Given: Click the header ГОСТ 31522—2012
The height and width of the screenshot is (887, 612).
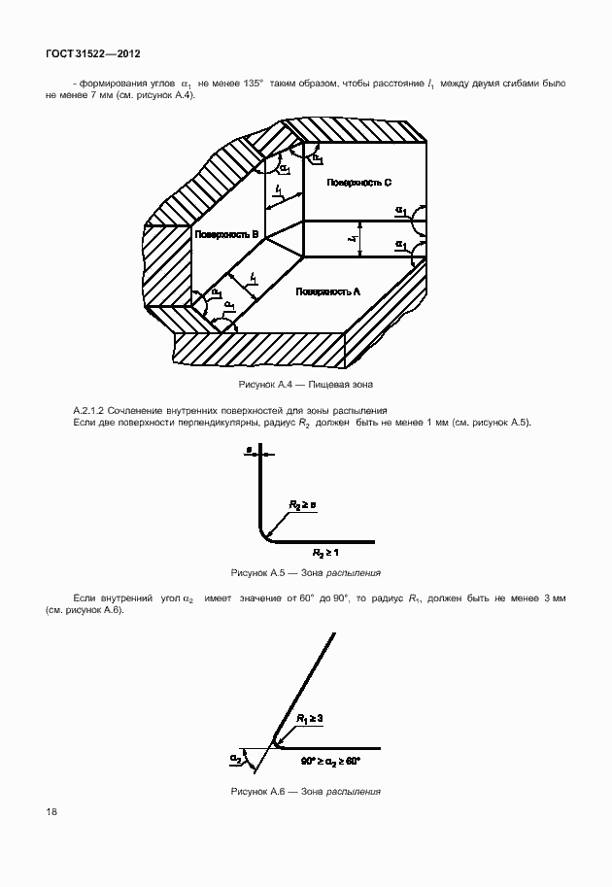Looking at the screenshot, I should [86, 54].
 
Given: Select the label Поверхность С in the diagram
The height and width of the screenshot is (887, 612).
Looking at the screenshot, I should [358, 183].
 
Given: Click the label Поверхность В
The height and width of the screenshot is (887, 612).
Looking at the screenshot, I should [226, 235].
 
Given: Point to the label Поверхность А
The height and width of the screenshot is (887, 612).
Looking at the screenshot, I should [329, 291].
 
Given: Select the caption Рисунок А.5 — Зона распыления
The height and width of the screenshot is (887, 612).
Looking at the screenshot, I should [305, 572].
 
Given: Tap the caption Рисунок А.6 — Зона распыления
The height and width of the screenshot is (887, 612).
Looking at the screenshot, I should [305, 791].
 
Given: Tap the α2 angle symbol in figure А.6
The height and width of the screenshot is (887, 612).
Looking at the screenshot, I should [236, 757].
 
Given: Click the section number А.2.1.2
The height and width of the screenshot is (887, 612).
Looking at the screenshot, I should [94, 411].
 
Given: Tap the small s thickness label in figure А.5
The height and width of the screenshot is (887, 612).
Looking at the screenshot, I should [251, 451].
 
